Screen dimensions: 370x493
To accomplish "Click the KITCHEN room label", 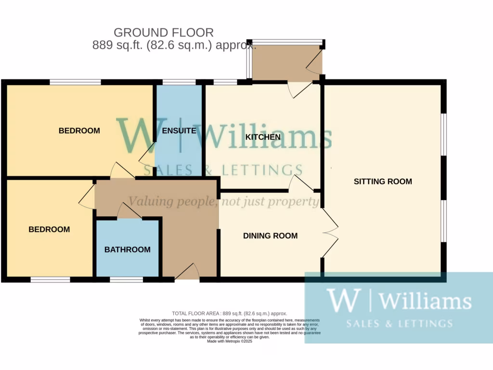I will click(263, 137).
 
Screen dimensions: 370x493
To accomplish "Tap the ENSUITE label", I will click(179, 131).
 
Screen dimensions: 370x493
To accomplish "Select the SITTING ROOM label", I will click(383, 182).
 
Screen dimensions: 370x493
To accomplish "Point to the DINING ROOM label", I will click(270, 236).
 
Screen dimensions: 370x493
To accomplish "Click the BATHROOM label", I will click(128, 250).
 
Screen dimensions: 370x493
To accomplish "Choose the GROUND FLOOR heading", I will click(164, 33).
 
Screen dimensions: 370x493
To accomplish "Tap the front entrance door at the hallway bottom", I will click(187, 273).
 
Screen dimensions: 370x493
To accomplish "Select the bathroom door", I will click(129, 212).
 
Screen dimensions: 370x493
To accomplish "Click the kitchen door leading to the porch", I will click(299, 89).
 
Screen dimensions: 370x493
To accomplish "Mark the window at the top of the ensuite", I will click(179, 82).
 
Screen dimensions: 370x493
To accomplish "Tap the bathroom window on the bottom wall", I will click(126, 279).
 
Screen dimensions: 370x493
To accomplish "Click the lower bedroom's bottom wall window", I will click(50, 279).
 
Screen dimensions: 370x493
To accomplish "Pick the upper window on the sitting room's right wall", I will click(444, 134).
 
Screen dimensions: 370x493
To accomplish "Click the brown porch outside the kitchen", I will click(286, 63).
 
